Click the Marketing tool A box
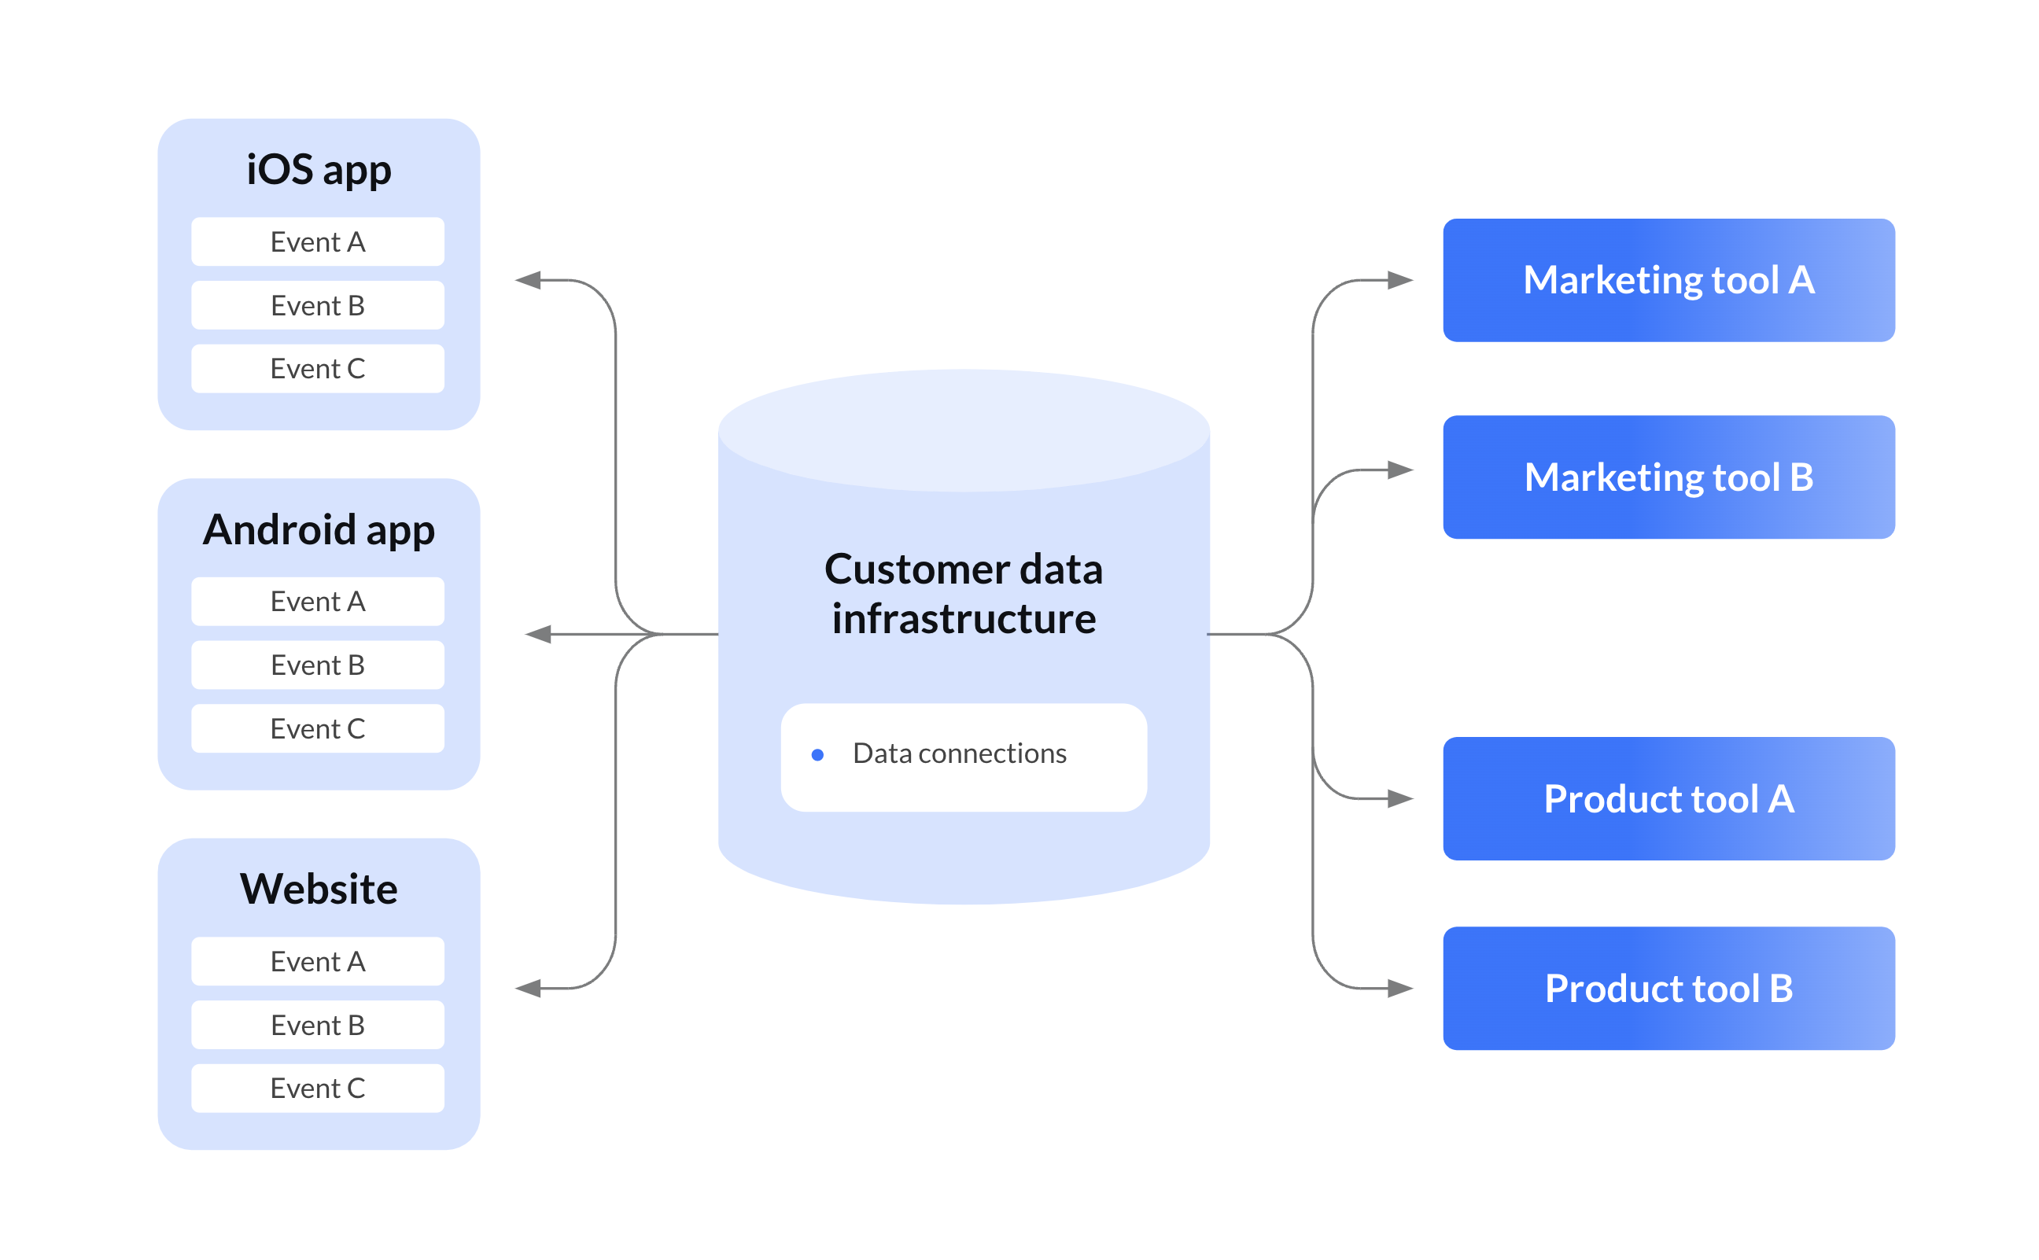tap(1668, 280)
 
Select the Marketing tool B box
tap(1668, 477)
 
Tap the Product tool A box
tap(1668, 798)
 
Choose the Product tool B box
tap(1668, 989)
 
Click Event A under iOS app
tap(318, 241)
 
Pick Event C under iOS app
tap(318, 368)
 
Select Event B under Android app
tap(318, 665)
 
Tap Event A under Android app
tap(318, 602)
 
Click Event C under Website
tap(318, 1089)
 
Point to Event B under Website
tap(318, 1025)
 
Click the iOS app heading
tap(319, 170)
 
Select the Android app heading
tap(319, 530)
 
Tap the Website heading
tap(319, 890)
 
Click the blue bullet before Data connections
tap(817, 755)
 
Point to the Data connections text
tap(959, 753)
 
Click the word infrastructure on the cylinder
tap(964, 619)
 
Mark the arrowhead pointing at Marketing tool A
tap(1400, 280)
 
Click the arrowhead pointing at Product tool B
tap(1400, 989)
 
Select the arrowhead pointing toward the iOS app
tap(529, 280)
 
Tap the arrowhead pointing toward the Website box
tap(529, 989)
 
